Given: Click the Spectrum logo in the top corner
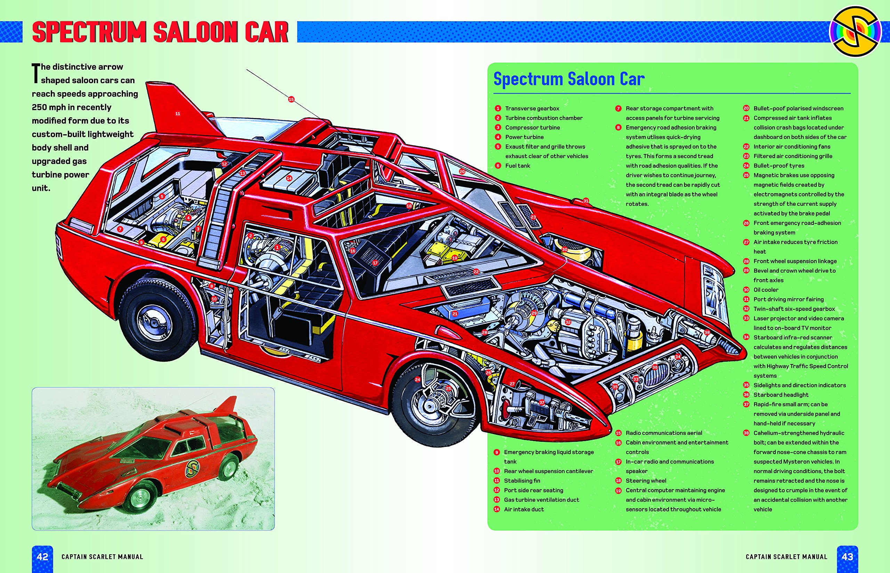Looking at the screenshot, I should (x=856, y=32).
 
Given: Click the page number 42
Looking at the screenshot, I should (x=42, y=557).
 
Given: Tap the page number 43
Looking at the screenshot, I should (x=847, y=557).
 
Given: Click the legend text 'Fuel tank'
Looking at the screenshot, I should (x=517, y=166).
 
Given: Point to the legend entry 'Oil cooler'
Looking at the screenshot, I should (x=766, y=290).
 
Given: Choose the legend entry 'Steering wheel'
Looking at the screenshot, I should (x=646, y=481).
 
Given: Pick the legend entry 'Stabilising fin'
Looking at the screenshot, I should (x=522, y=481).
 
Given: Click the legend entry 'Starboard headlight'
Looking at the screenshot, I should (x=781, y=395).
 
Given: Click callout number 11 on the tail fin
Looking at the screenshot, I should (x=178, y=113).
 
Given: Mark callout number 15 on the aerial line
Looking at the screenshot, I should (x=291, y=99).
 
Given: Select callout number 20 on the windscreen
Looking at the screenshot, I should (x=462, y=172).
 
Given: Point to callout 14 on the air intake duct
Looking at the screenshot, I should (x=289, y=178).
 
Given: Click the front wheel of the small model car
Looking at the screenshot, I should (x=140, y=496).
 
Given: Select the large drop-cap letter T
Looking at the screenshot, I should (x=36, y=73).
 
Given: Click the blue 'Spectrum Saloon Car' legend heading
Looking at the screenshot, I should (x=568, y=79).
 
